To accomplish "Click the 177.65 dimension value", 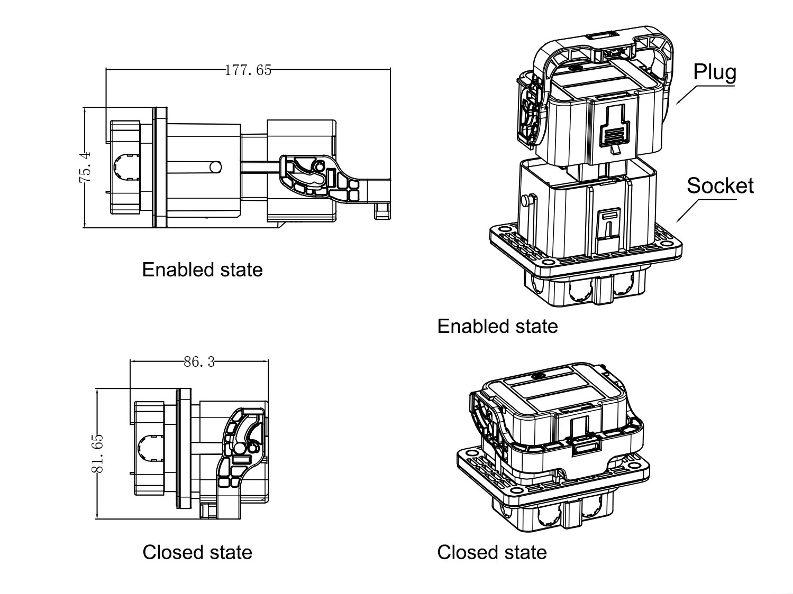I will pyautogui.click(x=248, y=70).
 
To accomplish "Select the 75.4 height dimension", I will pyautogui.click(x=85, y=167).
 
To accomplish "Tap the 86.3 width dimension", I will pyautogui.click(x=199, y=362).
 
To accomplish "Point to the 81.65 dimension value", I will pyautogui.click(x=97, y=453).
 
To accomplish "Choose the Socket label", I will pyautogui.click(x=720, y=185).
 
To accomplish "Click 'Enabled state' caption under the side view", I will pyautogui.click(x=202, y=270).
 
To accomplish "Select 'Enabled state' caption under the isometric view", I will pyautogui.click(x=497, y=326).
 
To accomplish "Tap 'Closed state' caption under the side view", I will pyautogui.click(x=197, y=552).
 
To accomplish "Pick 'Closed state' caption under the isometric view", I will pyautogui.click(x=492, y=552).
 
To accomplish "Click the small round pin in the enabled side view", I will pyautogui.click(x=215, y=167).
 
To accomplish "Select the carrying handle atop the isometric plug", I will pyautogui.click(x=603, y=45).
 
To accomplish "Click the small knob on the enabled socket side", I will pyautogui.click(x=526, y=201).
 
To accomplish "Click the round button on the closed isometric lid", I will pyautogui.click(x=539, y=376).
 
